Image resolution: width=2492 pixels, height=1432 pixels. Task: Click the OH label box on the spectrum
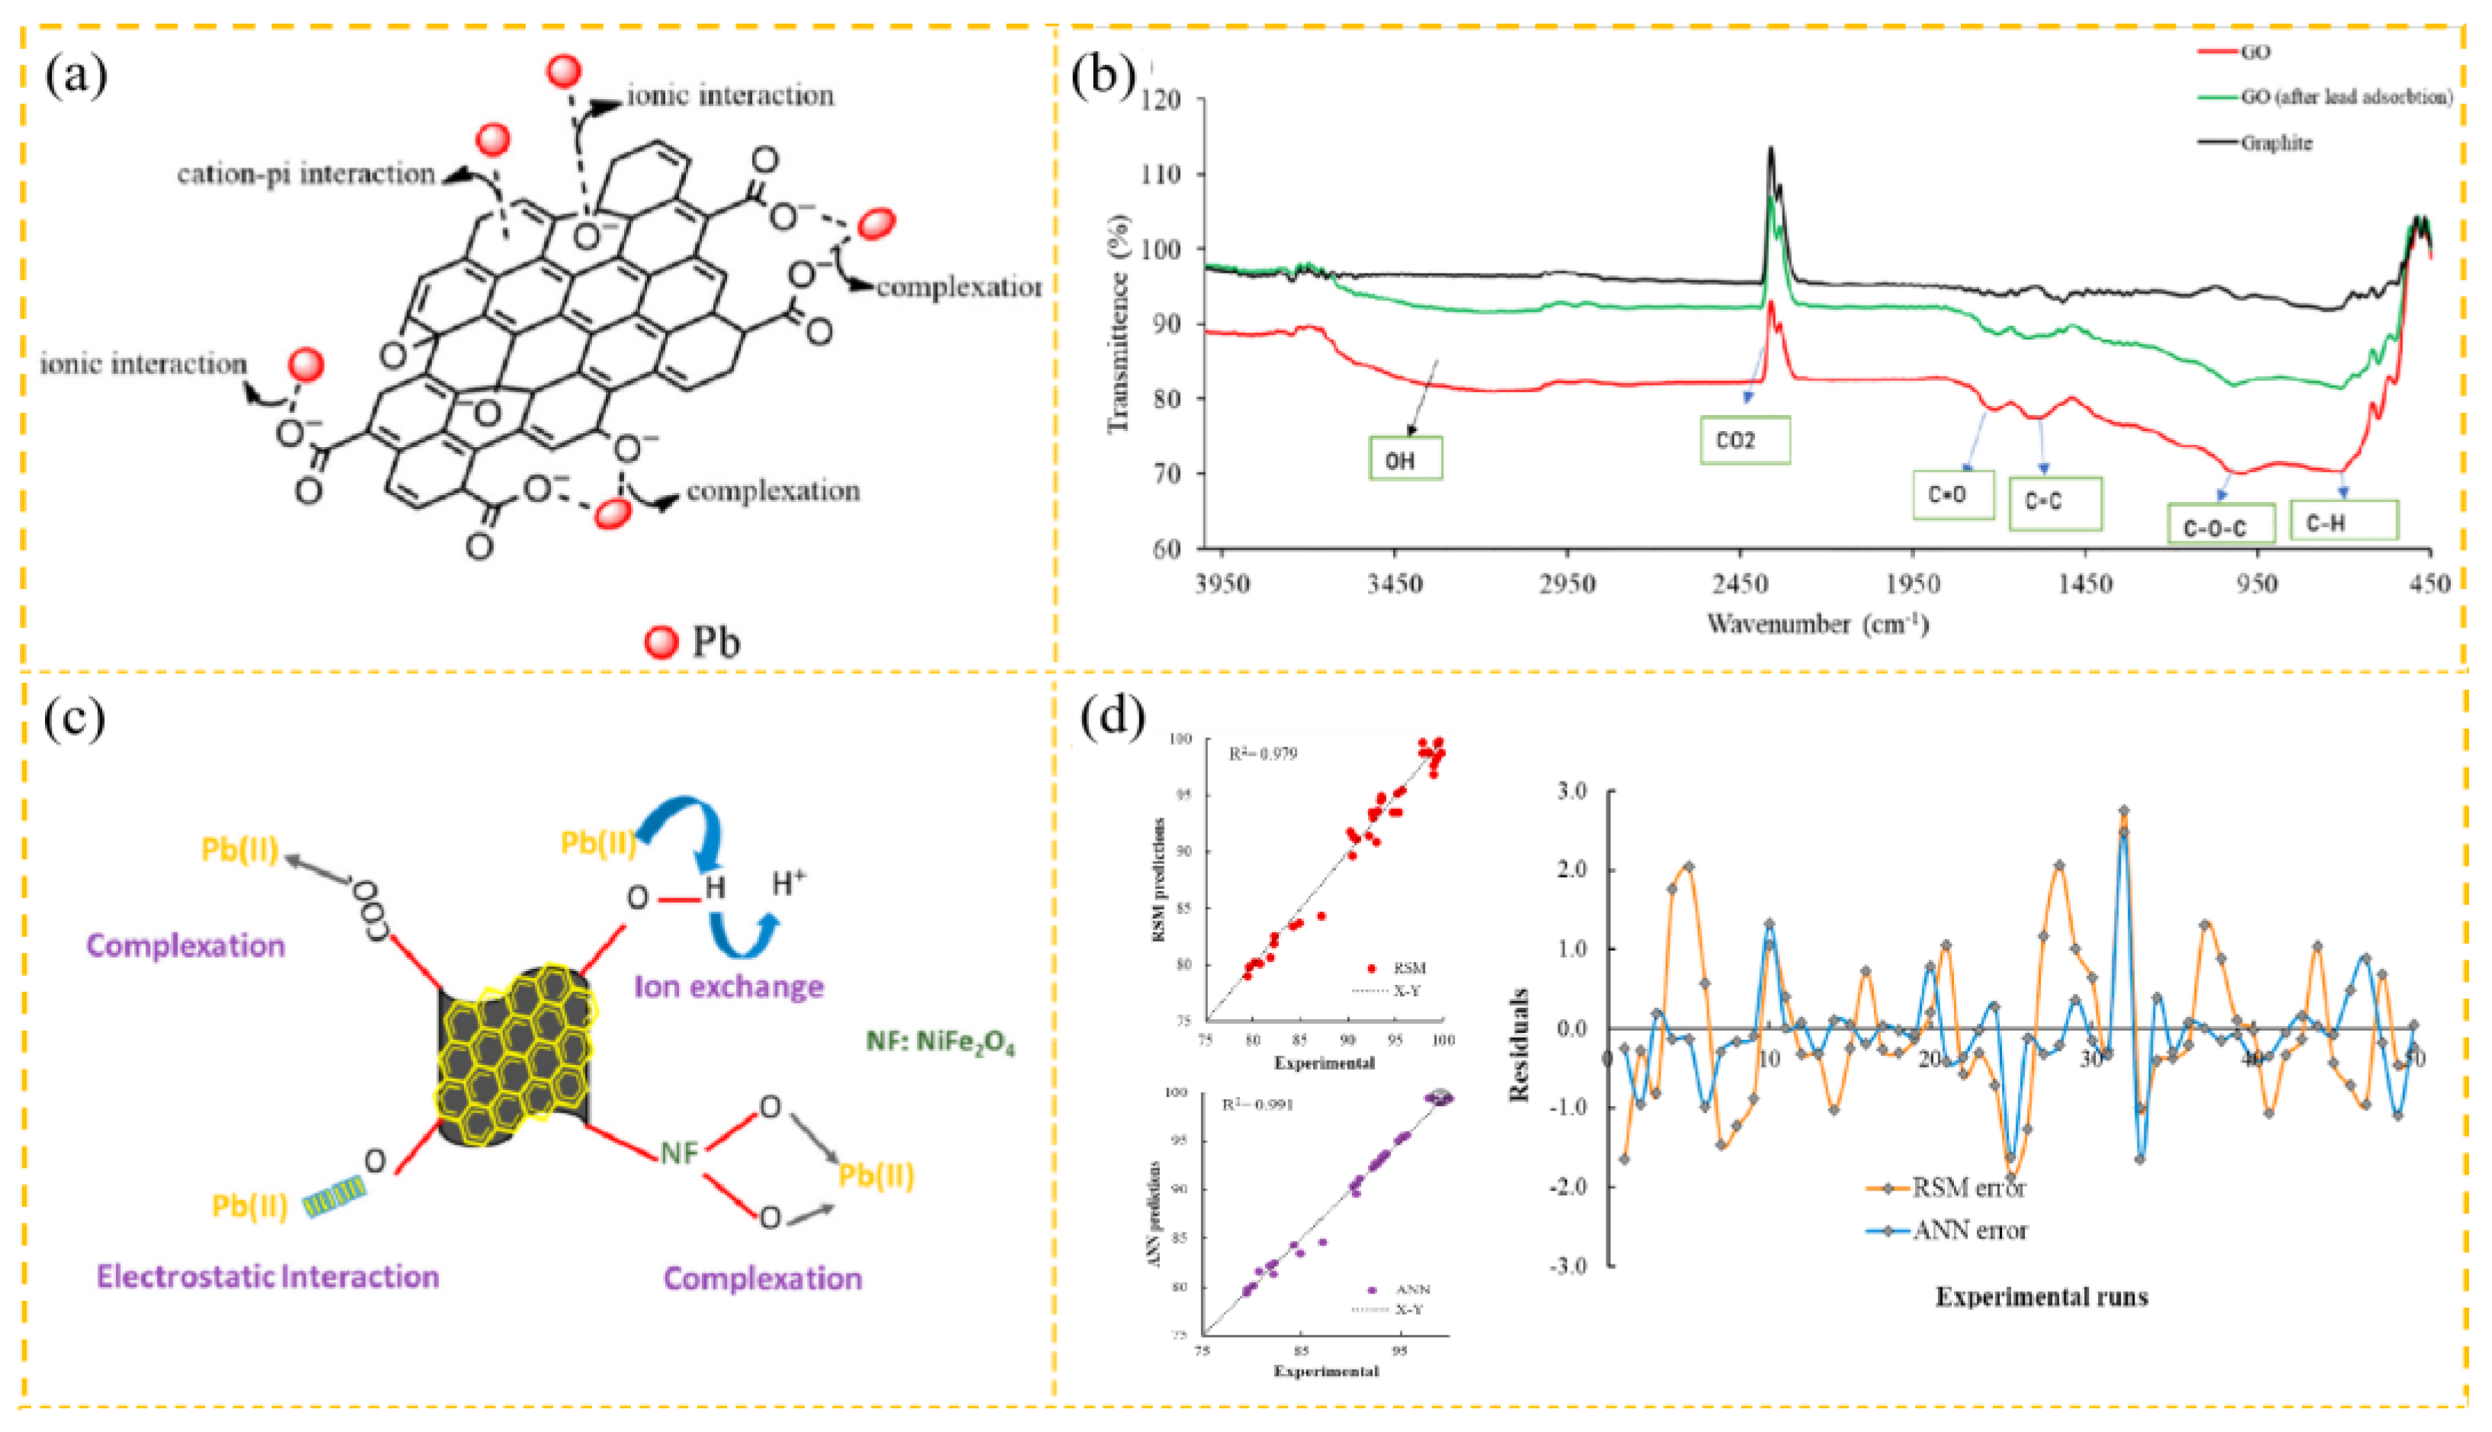(1405, 459)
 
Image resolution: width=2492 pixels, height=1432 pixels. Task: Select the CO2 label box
(1744, 440)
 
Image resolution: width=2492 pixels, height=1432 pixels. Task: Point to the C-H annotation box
(2343, 521)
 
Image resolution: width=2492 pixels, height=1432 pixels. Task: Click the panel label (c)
(75, 718)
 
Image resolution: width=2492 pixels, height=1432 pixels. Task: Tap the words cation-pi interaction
(306, 174)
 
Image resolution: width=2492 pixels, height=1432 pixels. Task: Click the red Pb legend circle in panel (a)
(661, 642)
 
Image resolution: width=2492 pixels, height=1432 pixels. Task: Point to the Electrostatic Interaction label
(267, 1277)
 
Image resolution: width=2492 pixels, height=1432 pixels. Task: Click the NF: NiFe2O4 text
(940, 1043)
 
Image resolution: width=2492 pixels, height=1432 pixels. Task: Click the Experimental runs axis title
(2042, 1297)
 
